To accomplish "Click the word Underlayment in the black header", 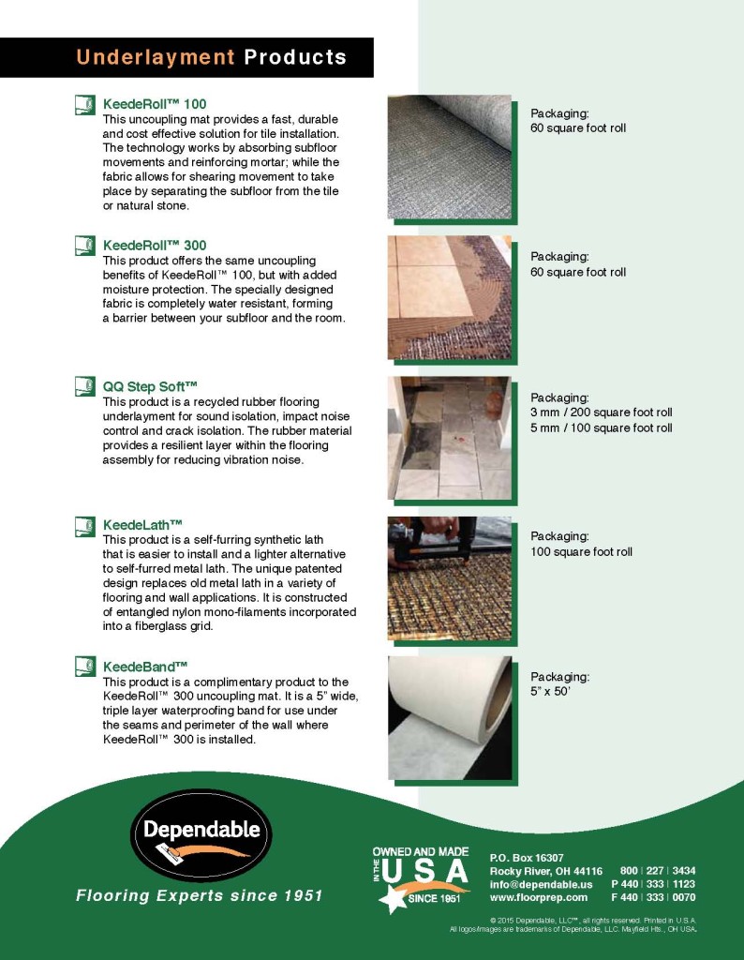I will (155, 57).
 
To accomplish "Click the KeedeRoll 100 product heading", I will (155, 104).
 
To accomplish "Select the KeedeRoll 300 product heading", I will (155, 245).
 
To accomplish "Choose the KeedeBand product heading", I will (145, 667).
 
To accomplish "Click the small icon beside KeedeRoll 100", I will (84, 105).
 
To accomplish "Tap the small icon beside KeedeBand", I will (84, 667).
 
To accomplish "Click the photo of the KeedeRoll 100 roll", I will (450, 157).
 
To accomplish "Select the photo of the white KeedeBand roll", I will (450, 718).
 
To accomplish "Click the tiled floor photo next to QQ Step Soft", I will (450, 438).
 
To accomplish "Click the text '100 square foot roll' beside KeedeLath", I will (581, 552).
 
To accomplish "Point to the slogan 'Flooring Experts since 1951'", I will (199, 896).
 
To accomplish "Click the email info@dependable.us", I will (541, 884).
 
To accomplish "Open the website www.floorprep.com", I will (538, 897).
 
